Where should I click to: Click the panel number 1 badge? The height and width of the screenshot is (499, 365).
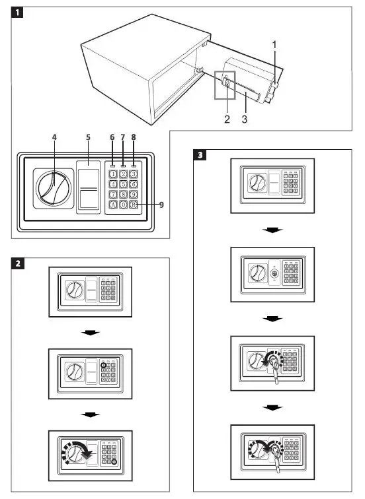pos(20,12)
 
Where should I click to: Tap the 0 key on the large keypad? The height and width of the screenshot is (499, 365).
pos(124,205)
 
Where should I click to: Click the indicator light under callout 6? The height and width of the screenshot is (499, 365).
pos(113,165)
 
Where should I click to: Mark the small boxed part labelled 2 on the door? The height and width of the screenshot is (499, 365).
pos(226,83)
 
